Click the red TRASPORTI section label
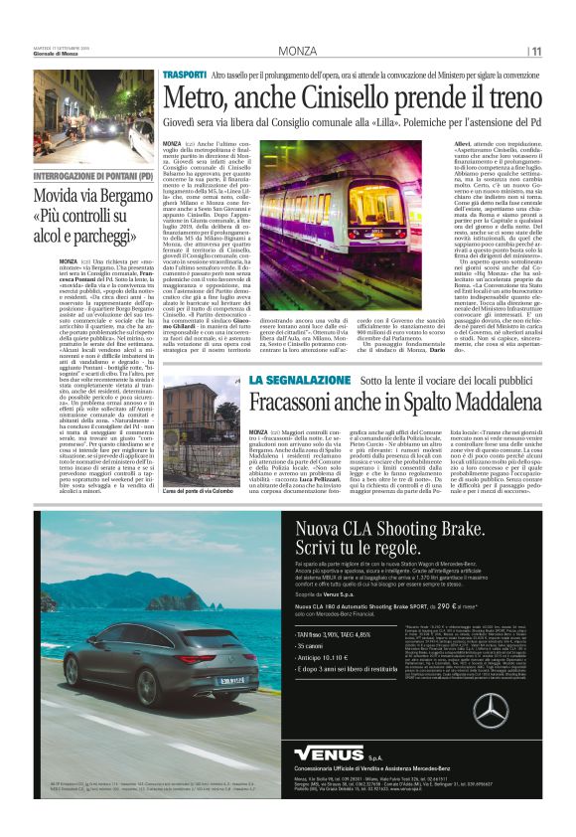[185, 75]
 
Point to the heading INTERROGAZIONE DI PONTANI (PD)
[99, 176]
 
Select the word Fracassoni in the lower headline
[297, 405]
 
